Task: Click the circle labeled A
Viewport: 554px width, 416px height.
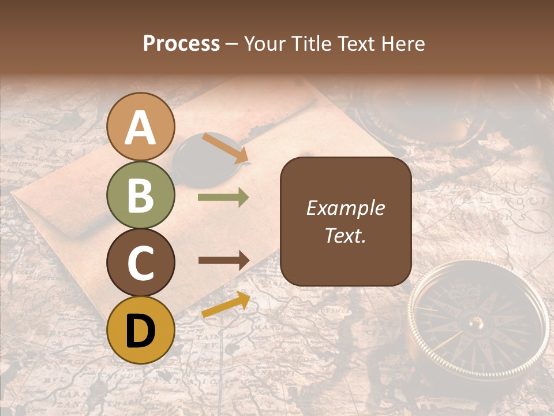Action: pos(141,127)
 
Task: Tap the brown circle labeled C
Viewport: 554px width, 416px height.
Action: pos(141,262)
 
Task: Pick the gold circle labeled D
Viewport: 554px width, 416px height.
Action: pos(141,330)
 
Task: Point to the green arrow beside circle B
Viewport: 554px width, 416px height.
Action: pos(223,198)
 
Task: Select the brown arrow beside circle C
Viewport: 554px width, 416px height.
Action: pos(223,260)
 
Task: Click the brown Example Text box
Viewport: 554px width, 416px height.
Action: pos(346,221)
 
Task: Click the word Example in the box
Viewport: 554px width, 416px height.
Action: pos(346,208)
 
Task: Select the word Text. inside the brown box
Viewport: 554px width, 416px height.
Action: pos(346,236)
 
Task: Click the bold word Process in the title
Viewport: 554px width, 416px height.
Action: pos(181,44)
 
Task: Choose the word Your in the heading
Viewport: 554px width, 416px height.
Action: pos(263,44)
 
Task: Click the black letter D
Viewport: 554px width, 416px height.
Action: pos(141,330)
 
